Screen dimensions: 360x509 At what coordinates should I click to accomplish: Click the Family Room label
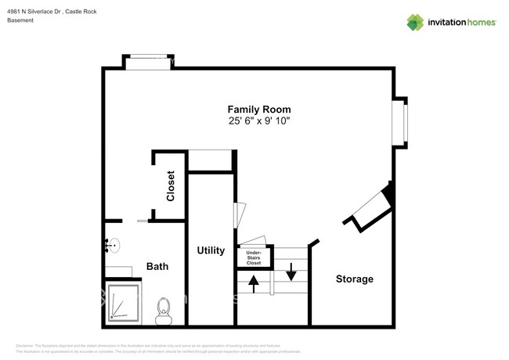tap(259, 110)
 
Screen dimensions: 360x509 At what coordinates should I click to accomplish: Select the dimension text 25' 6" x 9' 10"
tap(259, 122)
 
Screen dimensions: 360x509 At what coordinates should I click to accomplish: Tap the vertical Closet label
tap(170, 186)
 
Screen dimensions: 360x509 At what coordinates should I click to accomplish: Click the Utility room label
tap(211, 250)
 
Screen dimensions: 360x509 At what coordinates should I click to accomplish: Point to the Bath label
tap(157, 267)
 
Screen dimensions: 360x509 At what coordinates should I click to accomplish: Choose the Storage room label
tap(354, 279)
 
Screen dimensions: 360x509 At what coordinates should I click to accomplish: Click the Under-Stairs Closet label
tap(254, 257)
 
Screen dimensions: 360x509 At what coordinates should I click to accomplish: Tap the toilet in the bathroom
tap(164, 311)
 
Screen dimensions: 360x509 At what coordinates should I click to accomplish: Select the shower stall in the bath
tap(123, 303)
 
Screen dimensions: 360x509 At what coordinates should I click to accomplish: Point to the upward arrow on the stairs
tap(254, 283)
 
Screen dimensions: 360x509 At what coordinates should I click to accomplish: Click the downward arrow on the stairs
tap(291, 272)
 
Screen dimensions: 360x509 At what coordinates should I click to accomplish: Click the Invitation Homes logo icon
tap(415, 22)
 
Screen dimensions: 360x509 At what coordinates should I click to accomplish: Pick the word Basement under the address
tap(21, 20)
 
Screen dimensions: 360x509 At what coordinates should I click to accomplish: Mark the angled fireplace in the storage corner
tap(372, 208)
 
